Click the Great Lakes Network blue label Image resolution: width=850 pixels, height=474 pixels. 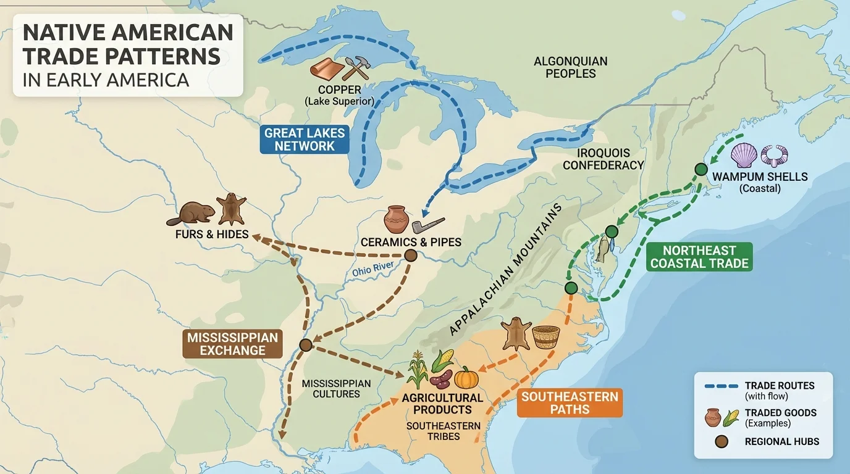click(x=305, y=139)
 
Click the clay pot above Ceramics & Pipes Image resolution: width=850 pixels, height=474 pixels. click(x=395, y=219)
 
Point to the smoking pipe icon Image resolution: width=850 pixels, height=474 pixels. click(x=427, y=223)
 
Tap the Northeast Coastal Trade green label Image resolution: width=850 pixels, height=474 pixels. click(x=699, y=257)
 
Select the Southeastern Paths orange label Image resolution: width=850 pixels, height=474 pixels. click(x=569, y=402)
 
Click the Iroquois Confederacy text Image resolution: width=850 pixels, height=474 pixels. click(x=604, y=159)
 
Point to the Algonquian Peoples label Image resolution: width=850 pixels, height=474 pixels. click(x=570, y=67)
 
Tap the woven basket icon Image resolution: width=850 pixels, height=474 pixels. click(x=545, y=337)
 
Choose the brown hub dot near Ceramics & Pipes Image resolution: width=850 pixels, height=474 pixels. click(x=410, y=256)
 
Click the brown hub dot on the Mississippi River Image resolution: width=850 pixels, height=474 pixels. click(x=304, y=345)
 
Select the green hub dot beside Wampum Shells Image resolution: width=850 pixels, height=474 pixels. click(x=701, y=168)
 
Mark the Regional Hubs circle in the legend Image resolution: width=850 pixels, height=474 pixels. click(x=721, y=442)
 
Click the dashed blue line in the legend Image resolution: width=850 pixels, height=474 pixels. click(x=720, y=386)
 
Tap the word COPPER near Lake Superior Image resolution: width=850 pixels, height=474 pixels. click(x=339, y=90)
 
